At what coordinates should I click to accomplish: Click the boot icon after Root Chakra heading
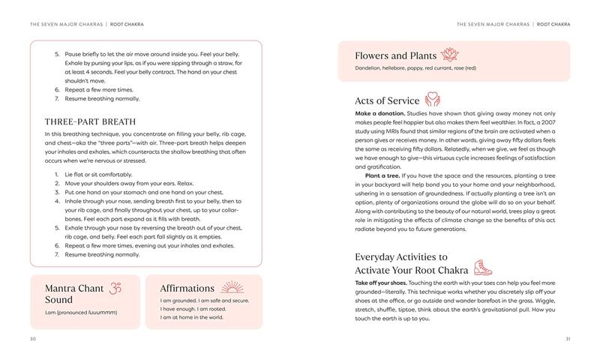(x=481, y=268)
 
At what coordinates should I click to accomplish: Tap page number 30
(x=32, y=338)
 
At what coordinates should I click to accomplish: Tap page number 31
(x=567, y=338)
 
